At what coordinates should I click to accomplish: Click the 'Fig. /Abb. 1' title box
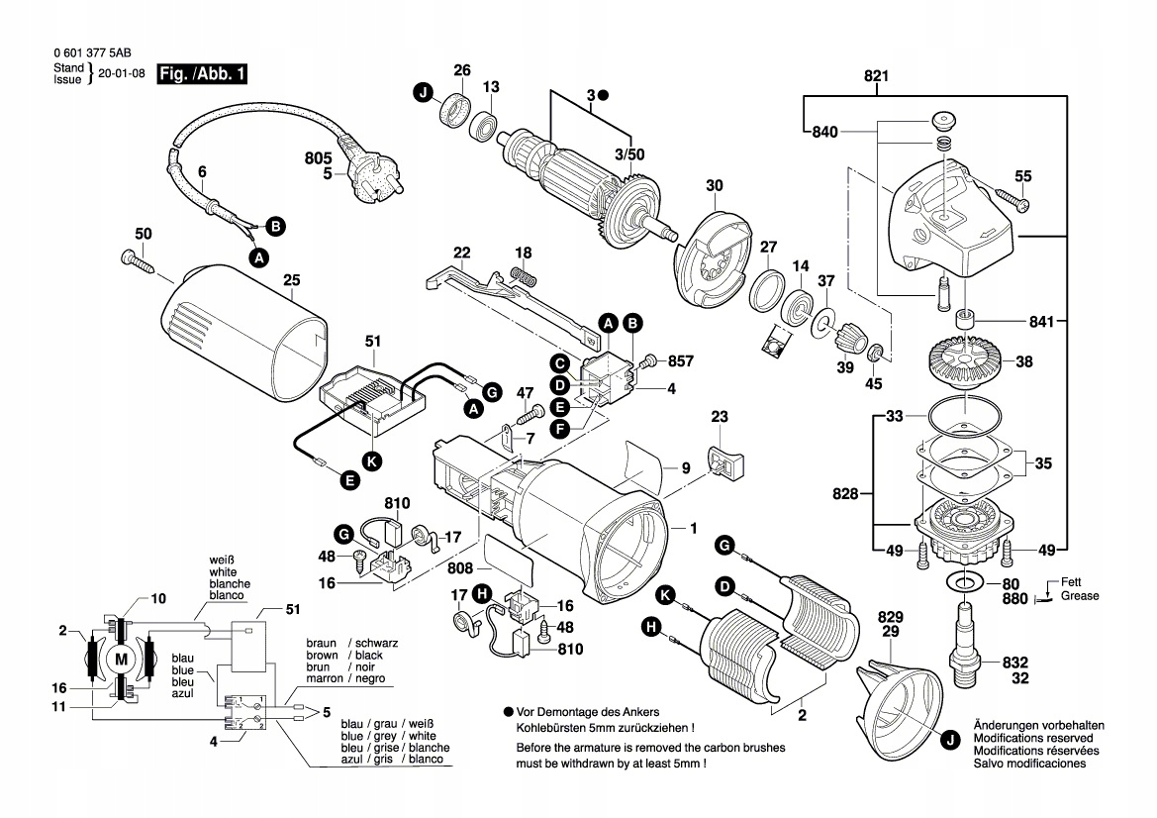click(202, 74)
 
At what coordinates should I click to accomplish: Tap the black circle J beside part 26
click(424, 94)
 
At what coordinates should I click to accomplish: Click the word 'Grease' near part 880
click(1080, 597)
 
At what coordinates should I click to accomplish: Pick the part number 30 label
click(715, 185)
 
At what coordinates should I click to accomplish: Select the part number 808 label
click(460, 569)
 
